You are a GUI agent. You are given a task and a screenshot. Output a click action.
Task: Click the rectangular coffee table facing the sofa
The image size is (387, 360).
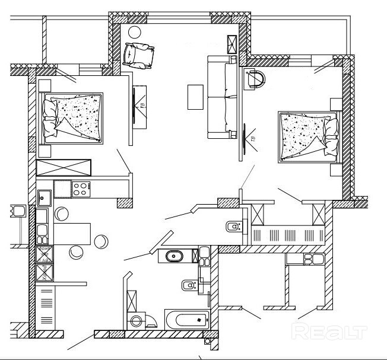click(x=196, y=97)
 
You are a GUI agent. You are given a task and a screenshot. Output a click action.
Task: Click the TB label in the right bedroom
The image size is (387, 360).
click(x=252, y=138)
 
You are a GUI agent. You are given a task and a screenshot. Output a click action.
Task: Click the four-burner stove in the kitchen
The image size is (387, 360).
click(x=80, y=189)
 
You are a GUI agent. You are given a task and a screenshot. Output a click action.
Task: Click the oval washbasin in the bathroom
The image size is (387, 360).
click(x=174, y=256)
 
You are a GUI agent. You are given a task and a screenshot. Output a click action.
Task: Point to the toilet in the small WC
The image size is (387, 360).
click(x=234, y=227)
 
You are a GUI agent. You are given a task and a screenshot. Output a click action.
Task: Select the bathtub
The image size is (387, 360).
click(x=186, y=320)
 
